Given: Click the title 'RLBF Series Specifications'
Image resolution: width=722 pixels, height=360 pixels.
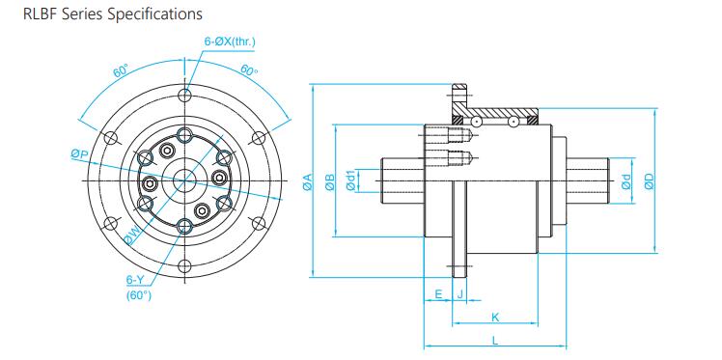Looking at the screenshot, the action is [x=112, y=14].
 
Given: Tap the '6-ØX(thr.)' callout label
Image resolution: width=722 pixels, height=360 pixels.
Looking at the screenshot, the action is [x=230, y=42].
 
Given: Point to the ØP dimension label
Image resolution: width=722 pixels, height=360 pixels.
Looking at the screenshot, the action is [x=79, y=155].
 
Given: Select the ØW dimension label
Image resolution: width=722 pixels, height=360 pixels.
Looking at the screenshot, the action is [x=131, y=235].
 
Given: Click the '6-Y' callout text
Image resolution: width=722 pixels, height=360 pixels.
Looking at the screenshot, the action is [x=134, y=280].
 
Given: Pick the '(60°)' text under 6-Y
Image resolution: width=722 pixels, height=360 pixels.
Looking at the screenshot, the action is [x=139, y=295].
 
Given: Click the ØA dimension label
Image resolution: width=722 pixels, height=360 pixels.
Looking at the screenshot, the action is [x=308, y=181].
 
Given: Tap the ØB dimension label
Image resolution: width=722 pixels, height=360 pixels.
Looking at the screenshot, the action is [x=330, y=181].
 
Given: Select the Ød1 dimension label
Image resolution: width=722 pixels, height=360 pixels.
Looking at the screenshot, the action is [x=351, y=180].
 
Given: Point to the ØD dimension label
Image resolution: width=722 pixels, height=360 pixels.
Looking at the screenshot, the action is [x=650, y=180].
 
